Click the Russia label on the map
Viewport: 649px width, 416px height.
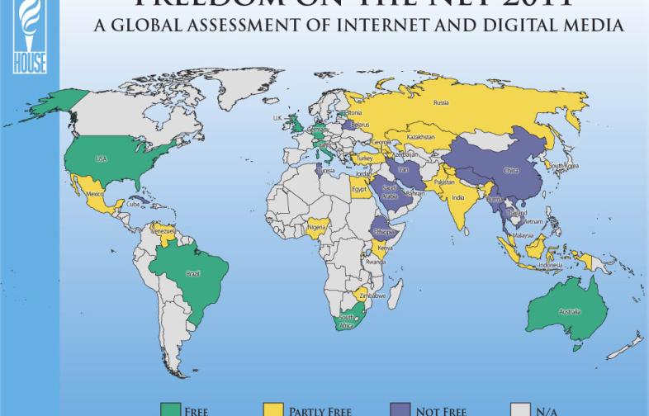click(x=440, y=102)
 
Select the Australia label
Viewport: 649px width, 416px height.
click(x=571, y=311)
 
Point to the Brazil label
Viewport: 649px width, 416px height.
click(x=193, y=273)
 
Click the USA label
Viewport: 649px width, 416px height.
click(x=102, y=158)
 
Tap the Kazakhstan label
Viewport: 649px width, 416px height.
click(x=420, y=136)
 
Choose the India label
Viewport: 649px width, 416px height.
click(x=458, y=197)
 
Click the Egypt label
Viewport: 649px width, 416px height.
click(x=359, y=189)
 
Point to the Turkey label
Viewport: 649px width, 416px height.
click(x=363, y=158)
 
